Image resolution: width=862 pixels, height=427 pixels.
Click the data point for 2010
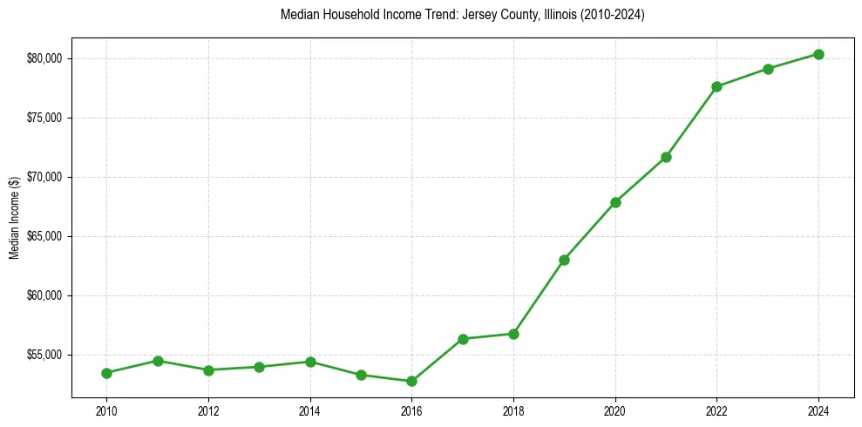point(106,373)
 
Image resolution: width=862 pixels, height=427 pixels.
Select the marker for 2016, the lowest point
point(411,381)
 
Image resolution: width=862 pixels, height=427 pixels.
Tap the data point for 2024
point(818,54)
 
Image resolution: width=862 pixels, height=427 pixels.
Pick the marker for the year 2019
point(564,260)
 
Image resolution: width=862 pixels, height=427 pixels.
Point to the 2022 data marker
point(716,86)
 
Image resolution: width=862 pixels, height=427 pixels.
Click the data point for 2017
point(463,339)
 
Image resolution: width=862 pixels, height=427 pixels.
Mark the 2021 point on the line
point(666,157)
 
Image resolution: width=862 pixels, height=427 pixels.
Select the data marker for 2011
point(158,361)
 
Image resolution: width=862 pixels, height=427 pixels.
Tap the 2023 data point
point(768,69)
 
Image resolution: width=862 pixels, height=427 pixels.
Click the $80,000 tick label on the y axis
point(46,58)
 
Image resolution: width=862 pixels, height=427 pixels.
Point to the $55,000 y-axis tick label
point(46,355)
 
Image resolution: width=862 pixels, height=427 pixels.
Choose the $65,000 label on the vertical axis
point(46,236)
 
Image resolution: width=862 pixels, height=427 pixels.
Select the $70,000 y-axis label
point(46,177)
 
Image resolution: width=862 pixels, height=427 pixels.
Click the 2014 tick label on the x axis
point(309,410)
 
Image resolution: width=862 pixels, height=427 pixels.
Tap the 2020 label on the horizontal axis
point(615,410)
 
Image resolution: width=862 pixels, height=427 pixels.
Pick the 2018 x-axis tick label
point(513,410)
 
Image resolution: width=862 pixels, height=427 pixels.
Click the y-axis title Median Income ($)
point(15,217)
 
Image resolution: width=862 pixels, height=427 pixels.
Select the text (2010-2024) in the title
point(616,15)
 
